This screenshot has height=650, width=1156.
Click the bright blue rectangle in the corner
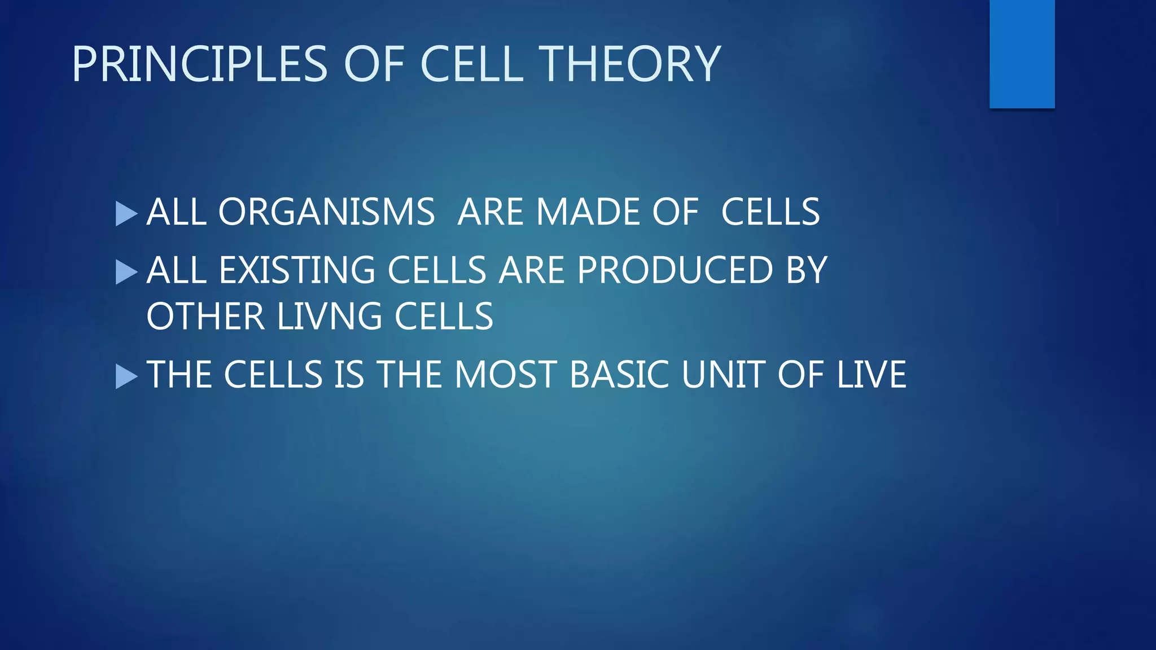click(x=1022, y=54)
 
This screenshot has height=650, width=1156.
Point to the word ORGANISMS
click(x=326, y=213)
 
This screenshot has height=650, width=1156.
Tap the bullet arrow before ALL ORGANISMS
click(x=126, y=214)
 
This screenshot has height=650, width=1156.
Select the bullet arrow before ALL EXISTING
click(x=126, y=273)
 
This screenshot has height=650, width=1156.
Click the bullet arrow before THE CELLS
click(x=126, y=376)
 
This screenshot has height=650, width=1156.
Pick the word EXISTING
click(x=297, y=271)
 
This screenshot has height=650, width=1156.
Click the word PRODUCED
click(x=675, y=271)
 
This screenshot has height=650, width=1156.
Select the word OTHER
click(x=205, y=317)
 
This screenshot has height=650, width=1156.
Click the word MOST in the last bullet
click(x=506, y=375)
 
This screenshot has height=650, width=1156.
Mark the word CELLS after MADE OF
click(x=770, y=213)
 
